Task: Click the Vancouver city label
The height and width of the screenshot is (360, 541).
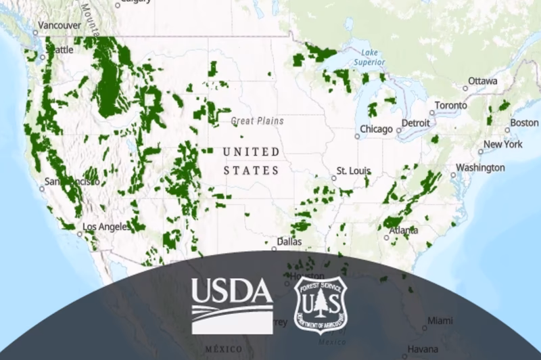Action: [60, 26]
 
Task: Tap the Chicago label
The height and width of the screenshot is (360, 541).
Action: [376, 129]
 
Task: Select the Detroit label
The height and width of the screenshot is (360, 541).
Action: [415, 122]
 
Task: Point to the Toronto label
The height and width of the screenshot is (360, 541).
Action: [450, 106]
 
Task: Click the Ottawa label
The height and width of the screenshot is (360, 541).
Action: [483, 81]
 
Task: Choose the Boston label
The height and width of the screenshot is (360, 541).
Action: [524, 122]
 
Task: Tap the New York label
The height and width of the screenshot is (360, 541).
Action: [503, 144]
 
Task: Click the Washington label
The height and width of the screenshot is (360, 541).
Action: [480, 167]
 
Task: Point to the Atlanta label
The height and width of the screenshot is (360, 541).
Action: [403, 230]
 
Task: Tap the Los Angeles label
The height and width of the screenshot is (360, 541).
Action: [106, 227]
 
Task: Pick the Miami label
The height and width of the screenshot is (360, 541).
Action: [440, 320]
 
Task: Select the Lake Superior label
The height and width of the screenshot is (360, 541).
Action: [371, 57]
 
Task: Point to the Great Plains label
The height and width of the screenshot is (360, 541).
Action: [258, 121]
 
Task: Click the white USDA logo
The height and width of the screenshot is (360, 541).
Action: [231, 305]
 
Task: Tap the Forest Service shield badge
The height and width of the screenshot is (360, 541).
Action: [321, 306]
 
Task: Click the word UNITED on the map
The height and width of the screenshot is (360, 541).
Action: [251, 152]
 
